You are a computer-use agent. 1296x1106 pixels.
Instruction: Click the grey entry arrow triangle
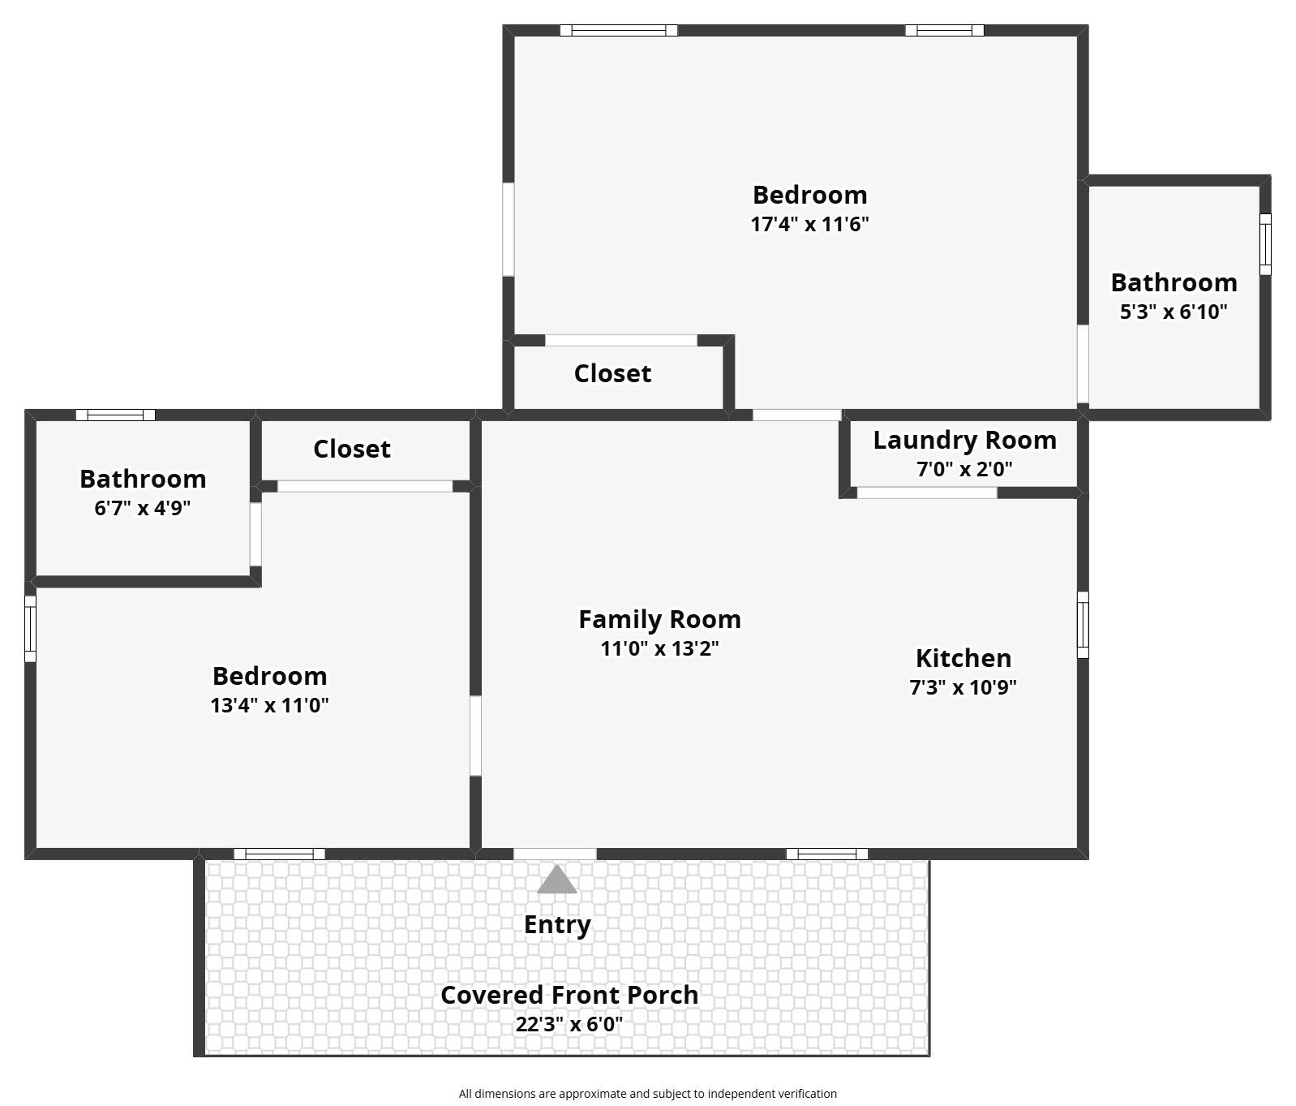[557, 880]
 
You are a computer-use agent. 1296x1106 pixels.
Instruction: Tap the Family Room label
[659, 619]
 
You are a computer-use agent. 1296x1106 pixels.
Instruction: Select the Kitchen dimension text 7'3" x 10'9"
[963, 687]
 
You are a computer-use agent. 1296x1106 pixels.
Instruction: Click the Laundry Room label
[964, 440]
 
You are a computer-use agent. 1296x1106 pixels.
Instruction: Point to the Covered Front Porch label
[569, 995]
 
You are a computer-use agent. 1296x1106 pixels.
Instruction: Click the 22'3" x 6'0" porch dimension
[569, 1024]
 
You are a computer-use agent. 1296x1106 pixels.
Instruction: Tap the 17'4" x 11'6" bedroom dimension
[809, 224]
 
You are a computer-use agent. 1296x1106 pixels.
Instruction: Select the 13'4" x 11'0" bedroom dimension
[270, 705]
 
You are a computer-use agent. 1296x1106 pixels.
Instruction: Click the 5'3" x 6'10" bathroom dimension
[1174, 312]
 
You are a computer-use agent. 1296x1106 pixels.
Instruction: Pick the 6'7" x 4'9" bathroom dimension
[143, 509]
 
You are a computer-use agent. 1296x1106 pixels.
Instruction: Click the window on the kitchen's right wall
[1083, 625]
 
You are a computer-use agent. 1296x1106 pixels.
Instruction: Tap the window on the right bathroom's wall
[1265, 243]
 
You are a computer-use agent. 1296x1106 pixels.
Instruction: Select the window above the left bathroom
[115, 415]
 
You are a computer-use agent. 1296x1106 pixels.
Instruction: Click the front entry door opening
[555, 854]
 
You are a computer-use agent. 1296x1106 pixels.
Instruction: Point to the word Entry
[557, 925]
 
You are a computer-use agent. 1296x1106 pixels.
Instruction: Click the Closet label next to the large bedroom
[612, 373]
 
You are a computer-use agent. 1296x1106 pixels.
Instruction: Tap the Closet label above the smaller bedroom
[352, 449]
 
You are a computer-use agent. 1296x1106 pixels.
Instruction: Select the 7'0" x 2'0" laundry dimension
[964, 469]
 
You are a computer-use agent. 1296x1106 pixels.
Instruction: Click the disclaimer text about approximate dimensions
[648, 1094]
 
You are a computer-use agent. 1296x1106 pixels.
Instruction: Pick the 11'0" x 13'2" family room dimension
[659, 648]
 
